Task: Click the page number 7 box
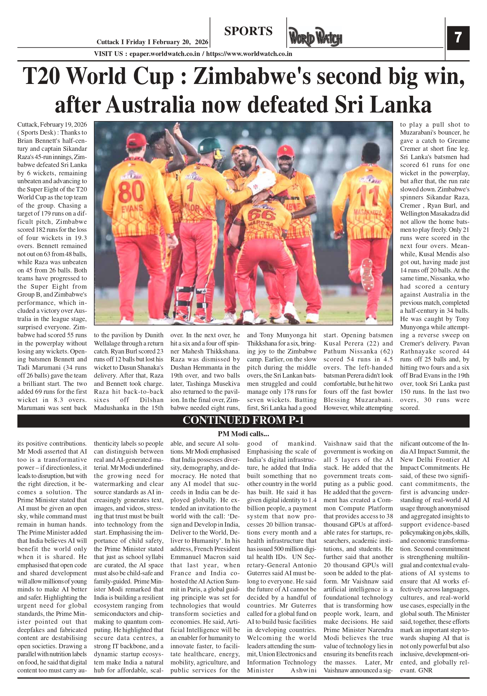(458, 38)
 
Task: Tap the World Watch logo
(315, 37)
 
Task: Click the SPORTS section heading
(248, 31)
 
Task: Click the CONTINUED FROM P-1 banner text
(243, 420)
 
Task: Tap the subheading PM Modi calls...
(243, 434)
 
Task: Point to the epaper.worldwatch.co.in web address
(165, 54)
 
